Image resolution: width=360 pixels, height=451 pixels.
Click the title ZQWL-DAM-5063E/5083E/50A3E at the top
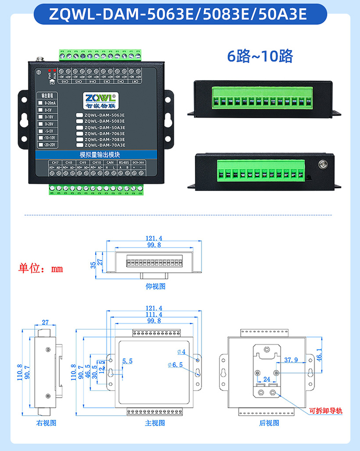pyautogui.click(x=180, y=14)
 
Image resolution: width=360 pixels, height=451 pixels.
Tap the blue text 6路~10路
pyautogui.click(x=259, y=56)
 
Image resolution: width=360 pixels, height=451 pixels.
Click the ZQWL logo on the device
pyautogui.click(x=100, y=98)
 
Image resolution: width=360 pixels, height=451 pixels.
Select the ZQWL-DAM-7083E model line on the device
pyautogui.click(x=104, y=139)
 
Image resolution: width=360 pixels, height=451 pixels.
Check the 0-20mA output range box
pyautogui.click(x=41, y=103)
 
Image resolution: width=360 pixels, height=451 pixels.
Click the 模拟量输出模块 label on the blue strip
pyautogui.click(x=103, y=155)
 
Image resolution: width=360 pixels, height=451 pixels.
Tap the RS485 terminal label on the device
pyautogui.click(x=123, y=162)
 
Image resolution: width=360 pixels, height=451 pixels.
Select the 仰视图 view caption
pyautogui.click(x=155, y=286)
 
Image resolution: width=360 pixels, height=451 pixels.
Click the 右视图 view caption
pyautogui.click(x=46, y=423)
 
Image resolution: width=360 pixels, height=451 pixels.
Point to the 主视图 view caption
pyautogui.click(x=155, y=423)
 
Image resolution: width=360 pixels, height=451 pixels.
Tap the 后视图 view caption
pyautogui.click(x=269, y=423)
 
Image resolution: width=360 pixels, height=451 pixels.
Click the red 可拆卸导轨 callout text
pyautogui.click(x=325, y=411)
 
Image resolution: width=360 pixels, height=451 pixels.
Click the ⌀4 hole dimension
pyautogui.click(x=181, y=352)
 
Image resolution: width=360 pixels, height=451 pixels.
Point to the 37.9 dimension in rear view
pyautogui.click(x=291, y=360)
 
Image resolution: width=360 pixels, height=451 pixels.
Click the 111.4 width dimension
pyautogui.click(x=154, y=315)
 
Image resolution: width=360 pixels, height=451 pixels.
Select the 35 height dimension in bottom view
pyautogui.click(x=93, y=265)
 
